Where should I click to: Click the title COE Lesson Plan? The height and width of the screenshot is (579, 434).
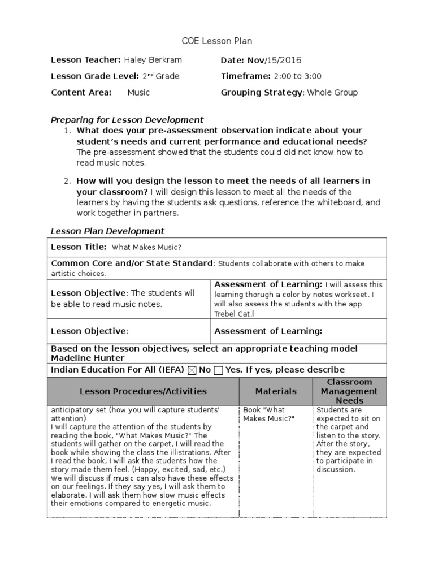click(217, 41)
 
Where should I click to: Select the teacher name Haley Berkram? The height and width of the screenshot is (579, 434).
click(153, 59)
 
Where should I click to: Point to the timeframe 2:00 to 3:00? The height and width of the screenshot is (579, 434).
click(295, 76)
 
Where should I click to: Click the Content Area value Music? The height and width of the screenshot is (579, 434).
click(138, 93)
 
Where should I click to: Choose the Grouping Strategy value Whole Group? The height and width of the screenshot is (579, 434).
click(332, 93)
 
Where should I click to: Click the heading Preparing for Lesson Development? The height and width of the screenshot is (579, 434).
click(127, 120)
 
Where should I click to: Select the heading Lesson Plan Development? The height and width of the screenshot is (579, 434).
click(107, 231)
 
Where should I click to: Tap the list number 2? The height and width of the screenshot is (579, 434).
click(67, 181)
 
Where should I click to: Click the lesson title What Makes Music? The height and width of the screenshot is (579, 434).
click(146, 247)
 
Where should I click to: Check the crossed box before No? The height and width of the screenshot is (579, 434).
click(192, 370)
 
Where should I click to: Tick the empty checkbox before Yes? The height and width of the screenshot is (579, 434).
click(219, 370)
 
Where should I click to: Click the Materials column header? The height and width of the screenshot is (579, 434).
click(276, 391)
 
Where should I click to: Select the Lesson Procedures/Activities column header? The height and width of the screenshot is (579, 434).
click(143, 391)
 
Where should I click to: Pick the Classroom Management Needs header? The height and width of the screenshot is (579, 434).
click(349, 391)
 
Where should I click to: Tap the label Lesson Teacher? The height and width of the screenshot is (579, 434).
click(86, 59)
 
